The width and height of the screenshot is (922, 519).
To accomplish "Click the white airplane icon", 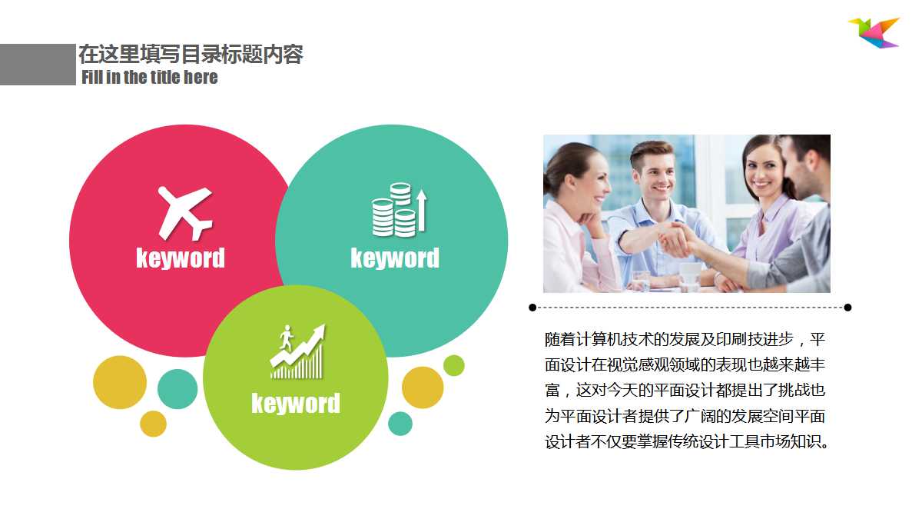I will tap(184, 213).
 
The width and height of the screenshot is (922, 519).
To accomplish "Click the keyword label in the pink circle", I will tap(181, 258).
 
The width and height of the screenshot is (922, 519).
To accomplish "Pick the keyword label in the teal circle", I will tap(395, 258).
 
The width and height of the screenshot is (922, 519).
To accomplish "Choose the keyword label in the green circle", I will tap(296, 403).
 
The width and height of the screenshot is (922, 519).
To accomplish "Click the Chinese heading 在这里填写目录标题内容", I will tap(191, 55).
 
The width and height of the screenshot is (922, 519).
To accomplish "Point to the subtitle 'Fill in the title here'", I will tap(150, 77).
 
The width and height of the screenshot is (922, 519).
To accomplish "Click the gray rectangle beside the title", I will tap(38, 65).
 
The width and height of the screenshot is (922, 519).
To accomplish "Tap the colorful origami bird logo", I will tap(874, 32).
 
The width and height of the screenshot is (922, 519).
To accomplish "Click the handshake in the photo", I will tap(676, 240).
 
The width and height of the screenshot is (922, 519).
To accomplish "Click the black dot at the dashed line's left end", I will tap(532, 308).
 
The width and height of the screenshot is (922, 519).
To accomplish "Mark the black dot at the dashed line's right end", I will tap(847, 308).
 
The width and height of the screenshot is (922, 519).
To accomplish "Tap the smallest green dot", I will tap(454, 365).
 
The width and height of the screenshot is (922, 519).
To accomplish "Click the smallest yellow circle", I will tap(154, 424).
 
